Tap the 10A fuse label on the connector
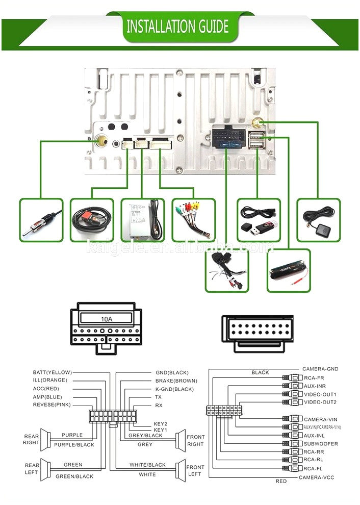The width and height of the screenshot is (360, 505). [x=106, y=319]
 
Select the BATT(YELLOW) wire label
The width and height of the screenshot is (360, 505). [x=52, y=372]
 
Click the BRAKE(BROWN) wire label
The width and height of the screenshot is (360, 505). [x=176, y=381]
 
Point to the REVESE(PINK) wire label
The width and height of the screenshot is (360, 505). [x=52, y=405]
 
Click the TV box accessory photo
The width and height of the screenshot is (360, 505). [x=143, y=220]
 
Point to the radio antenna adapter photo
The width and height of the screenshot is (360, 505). [x=41, y=220]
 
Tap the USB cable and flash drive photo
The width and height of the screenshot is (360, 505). [x=259, y=220]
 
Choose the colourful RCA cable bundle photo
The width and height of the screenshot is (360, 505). [x=193, y=220]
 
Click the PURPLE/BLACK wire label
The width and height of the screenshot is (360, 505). [x=74, y=445]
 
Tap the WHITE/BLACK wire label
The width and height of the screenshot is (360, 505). [x=147, y=465]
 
